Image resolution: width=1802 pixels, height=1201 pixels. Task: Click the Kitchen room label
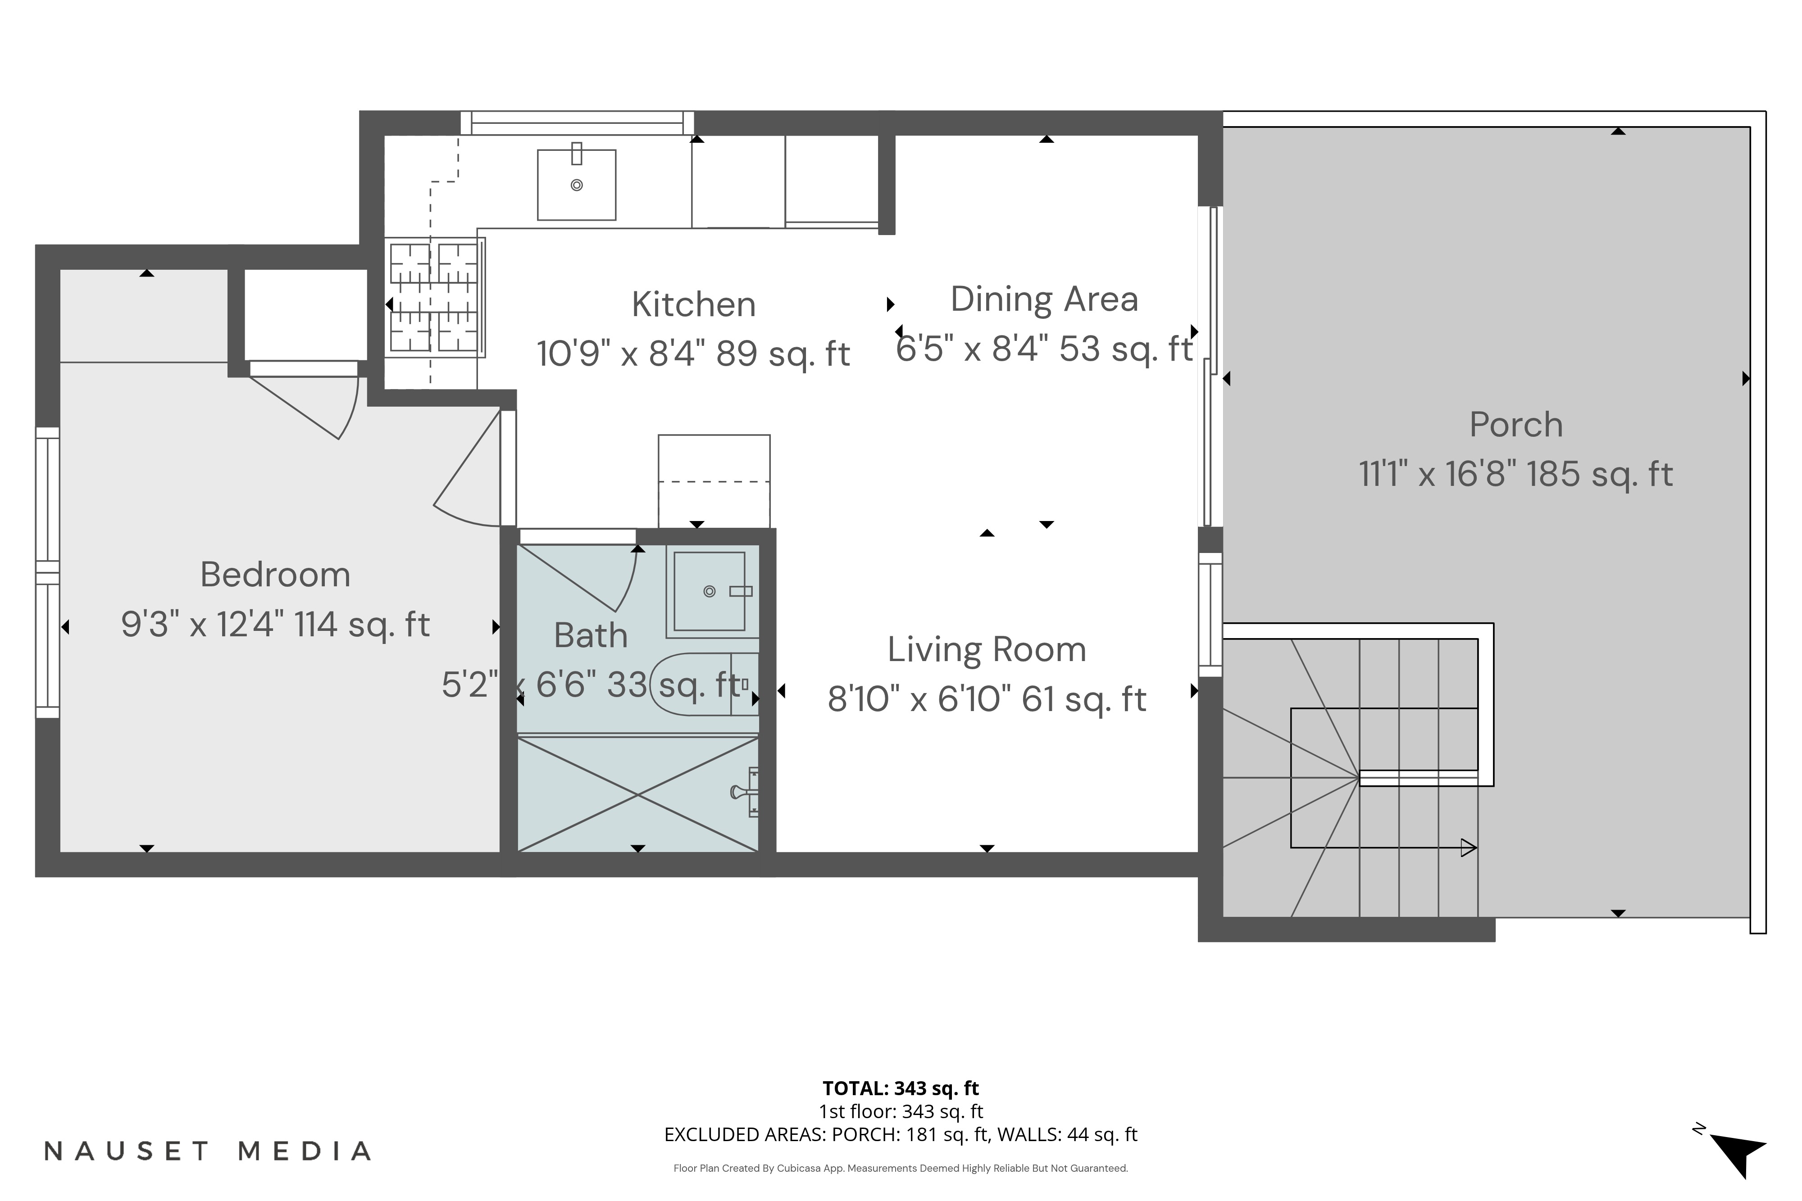693,305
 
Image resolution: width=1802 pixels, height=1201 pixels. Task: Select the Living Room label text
987,650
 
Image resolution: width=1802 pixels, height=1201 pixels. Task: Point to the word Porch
1515,425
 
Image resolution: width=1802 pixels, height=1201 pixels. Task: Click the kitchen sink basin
576,185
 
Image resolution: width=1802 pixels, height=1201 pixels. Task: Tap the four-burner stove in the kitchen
434,297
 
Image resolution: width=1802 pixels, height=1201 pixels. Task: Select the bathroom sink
710,591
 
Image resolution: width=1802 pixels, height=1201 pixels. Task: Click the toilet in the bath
701,684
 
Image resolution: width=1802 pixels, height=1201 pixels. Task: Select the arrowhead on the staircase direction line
1468,848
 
